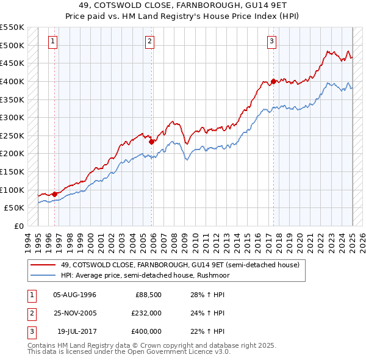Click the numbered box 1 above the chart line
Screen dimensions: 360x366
53,41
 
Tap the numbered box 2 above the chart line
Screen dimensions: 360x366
149,41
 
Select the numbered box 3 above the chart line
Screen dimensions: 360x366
271,41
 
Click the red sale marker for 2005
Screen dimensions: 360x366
152,142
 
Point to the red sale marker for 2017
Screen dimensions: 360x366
273,81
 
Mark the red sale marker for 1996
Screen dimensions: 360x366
54,194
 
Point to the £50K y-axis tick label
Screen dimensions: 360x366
15,207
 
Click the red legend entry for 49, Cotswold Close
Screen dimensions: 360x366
180,265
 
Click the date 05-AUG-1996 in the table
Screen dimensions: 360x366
74,295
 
